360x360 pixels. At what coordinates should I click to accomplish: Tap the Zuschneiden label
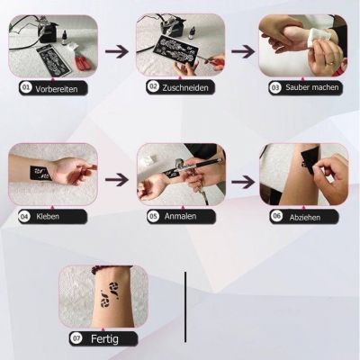tap(185, 88)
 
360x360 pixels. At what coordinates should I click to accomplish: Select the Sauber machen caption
tap(311, 88)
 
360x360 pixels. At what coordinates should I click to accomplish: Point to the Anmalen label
tap(179, 217)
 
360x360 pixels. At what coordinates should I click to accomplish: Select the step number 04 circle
tap(24, 217)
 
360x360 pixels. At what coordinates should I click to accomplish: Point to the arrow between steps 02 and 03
tap(242, 50)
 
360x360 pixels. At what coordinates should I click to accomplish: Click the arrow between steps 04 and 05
tap(116, 179)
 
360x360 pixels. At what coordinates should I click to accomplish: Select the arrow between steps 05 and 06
tap(242, 179)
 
